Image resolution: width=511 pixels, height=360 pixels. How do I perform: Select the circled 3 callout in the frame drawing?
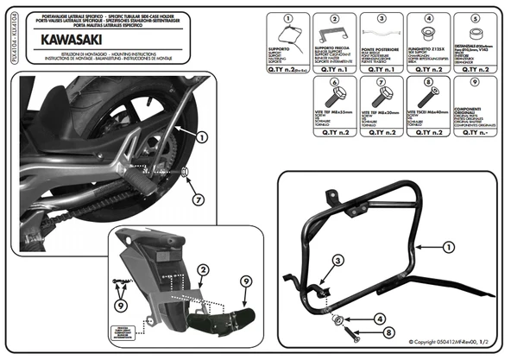coord(338,260)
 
